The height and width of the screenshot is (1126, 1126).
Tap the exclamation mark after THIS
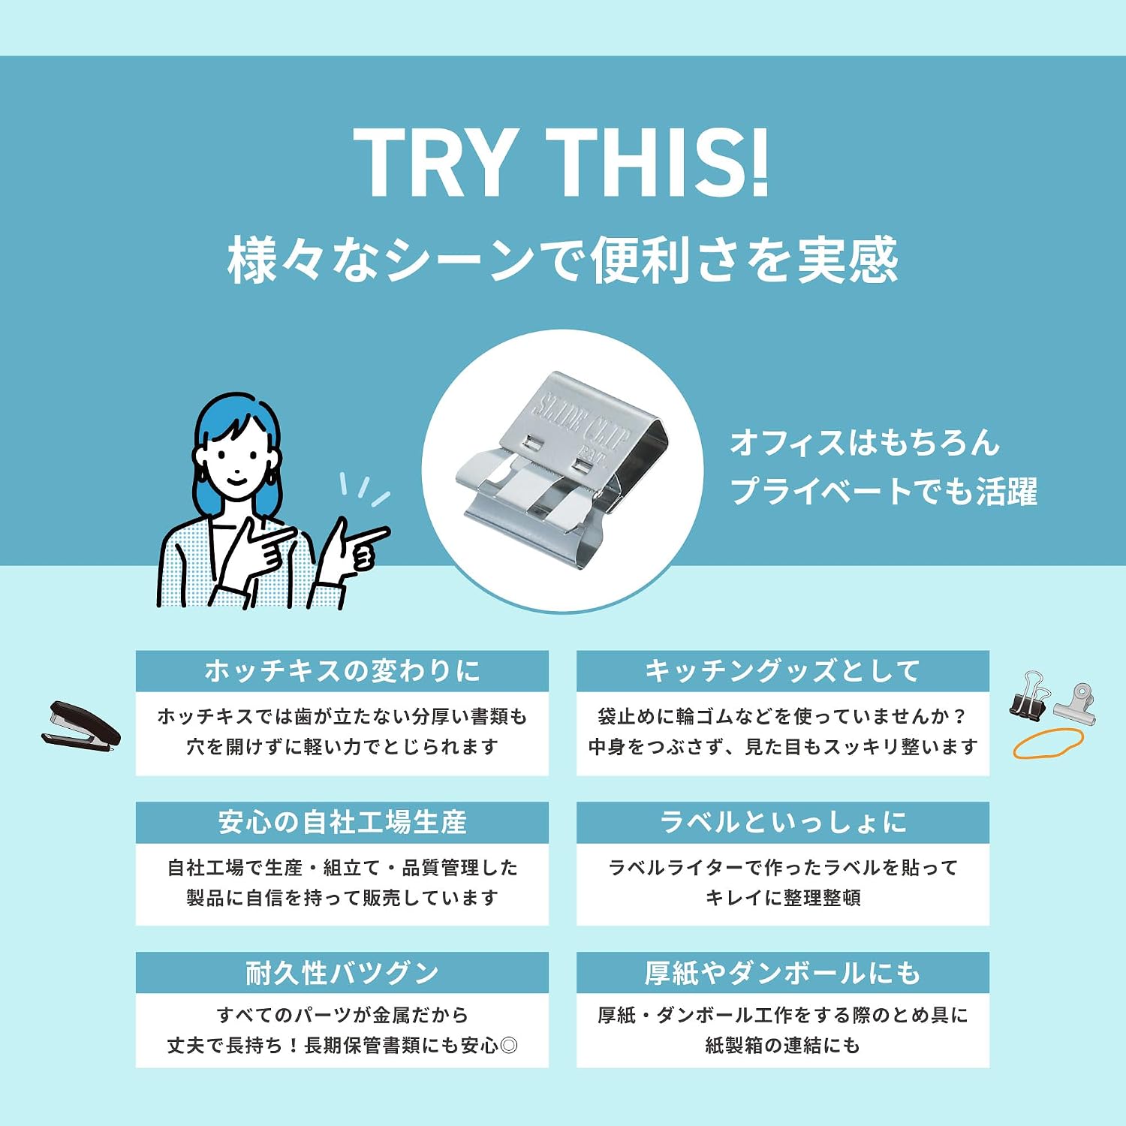pyautogui.click(x=759, y=162)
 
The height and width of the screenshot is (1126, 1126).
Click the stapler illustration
pyautogui.click(x=80, y=724)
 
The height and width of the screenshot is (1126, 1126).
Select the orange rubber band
pyautogui.click(x=1048, y=743)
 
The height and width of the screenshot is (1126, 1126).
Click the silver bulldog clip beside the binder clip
pyautogui.click(x=1075, y=704)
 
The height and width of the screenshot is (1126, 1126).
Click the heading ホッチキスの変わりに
pyautogui.click(x=342, y=670)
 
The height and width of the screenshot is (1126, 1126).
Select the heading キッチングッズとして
pyautogui.click(x=783, y=670)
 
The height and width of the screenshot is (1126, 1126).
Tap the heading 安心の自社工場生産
pyautogui.click(x=342, y=822)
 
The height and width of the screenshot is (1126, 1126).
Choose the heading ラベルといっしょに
pyautogui.click(x=783, y=822)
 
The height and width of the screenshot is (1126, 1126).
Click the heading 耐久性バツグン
pyautogui.click(x=342, y=973)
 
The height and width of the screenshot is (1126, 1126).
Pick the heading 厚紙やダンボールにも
pyautogui.click(x=783, y=973)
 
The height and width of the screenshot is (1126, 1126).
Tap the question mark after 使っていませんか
pyautogui.click(x=959, y=717)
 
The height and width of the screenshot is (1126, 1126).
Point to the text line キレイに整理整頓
pyautogui.click(x=783, y=897)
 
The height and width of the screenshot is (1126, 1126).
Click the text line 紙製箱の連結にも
pyautogui.click(x=783, y=1045)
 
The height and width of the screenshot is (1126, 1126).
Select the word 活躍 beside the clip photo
pyautogui.click(x=1007, y=492)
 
